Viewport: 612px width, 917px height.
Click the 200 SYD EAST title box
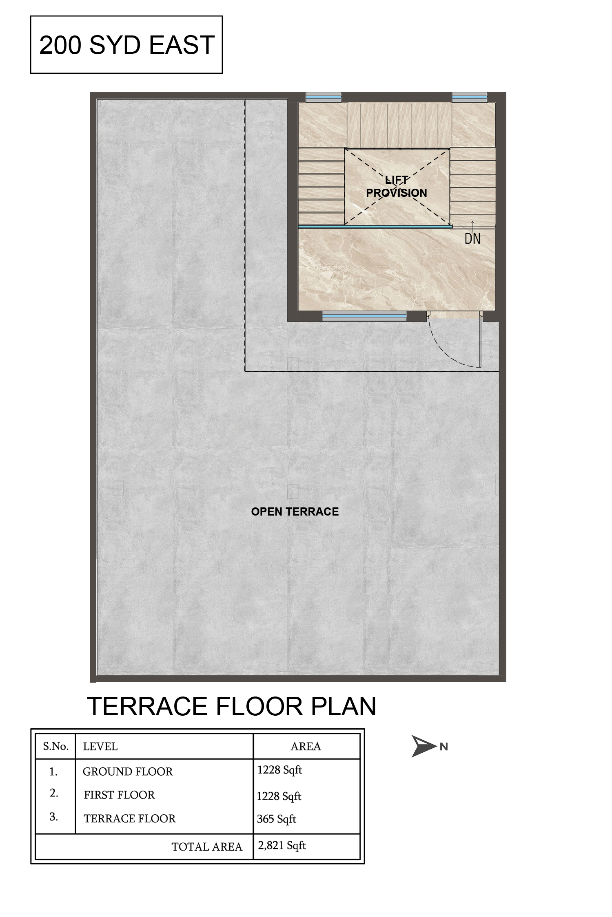pos(126,45)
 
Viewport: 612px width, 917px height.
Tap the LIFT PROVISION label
pos(397,187)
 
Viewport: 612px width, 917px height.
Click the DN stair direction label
pos(472,238)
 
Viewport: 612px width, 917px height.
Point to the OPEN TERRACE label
pos(295,511)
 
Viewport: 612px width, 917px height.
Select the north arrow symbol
pos(424,746)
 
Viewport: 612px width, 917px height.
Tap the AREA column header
pos(306,746)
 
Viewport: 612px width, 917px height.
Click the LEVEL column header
pos(100,746)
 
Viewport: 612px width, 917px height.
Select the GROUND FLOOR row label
pos(128,772)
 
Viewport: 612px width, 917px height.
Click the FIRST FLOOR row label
pos(119,795)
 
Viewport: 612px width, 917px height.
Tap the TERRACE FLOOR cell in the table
pos(130,818)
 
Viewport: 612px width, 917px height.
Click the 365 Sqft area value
pos(277,819)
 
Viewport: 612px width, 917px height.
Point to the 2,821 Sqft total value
pos(282,846)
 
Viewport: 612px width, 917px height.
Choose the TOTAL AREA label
pos(207,847)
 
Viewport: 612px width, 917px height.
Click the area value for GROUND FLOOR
pos(280,770)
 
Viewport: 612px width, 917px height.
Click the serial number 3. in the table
pos(53,817)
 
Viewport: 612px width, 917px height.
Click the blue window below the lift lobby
pos(364,316)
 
